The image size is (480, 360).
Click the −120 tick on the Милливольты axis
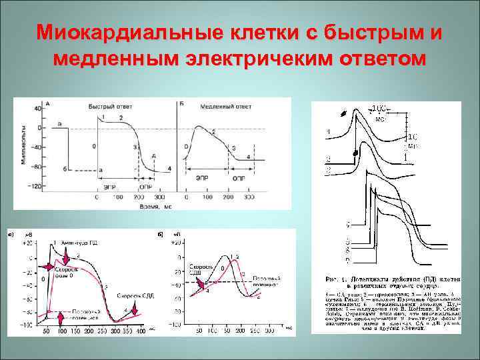(x=32, y=186)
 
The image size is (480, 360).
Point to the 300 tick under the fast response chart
(x=159, y=198)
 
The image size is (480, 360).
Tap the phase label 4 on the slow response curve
(x=249, y=157)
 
